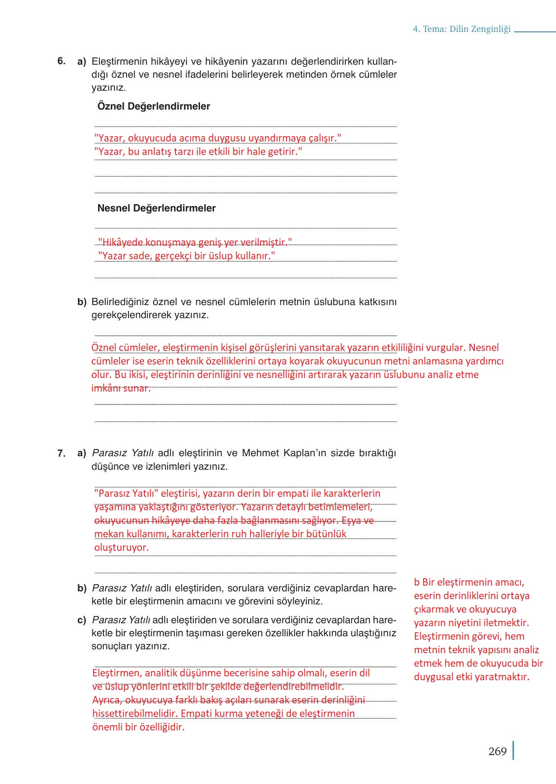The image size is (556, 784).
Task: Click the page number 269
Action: [497, 752]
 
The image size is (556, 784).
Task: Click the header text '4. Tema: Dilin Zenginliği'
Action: [461, 29]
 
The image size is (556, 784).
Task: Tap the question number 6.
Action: [61, 61]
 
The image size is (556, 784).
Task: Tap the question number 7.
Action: [61, 453]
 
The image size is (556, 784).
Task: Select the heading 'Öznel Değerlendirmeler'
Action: [154, 106]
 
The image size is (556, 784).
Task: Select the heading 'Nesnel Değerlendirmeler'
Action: [157, 208]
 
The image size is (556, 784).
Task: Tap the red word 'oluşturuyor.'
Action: [121, 547]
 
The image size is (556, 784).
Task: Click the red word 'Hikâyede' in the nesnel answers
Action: [120, 242]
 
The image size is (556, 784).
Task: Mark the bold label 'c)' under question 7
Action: [82, 620]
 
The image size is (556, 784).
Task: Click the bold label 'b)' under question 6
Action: [82, 302]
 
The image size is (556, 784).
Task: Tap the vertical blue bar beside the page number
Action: [513, 751]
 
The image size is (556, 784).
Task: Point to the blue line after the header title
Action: [535, 32]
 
